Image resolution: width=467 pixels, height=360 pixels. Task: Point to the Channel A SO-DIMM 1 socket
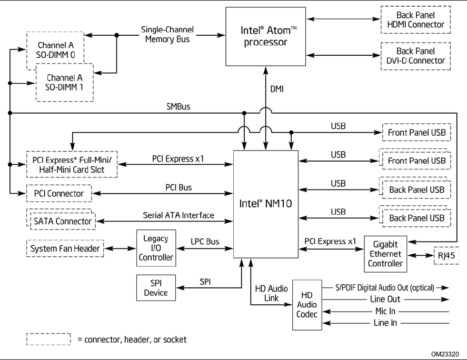coord(64,83)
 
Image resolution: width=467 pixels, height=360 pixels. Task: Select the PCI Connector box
coord(58,193)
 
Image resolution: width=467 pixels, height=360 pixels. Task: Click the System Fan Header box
coord(65,248)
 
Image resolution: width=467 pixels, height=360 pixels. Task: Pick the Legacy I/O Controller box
coord(155,248)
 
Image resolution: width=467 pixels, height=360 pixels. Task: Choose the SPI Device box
coord(155,288)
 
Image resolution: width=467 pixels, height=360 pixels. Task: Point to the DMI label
coord(276,88)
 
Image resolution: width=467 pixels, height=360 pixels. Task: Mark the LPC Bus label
coord(204,241)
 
